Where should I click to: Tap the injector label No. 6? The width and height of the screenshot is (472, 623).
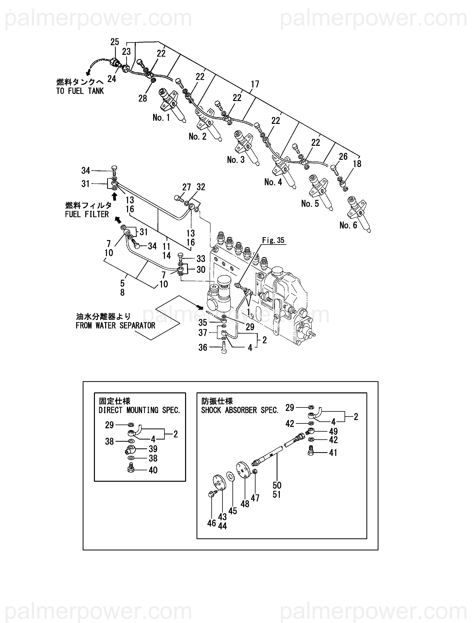[348, 225]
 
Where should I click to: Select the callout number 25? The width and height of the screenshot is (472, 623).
[115, 42]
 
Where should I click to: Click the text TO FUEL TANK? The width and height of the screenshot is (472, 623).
[80, 91]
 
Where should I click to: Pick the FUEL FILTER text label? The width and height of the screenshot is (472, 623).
[87, 214]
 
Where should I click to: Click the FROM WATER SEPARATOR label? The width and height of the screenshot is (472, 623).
[115, 326]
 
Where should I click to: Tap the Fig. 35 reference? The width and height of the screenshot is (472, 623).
[273, 240]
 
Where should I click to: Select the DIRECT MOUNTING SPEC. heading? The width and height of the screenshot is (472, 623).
[139, 410]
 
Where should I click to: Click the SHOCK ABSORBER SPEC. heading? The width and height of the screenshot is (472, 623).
[240, 410]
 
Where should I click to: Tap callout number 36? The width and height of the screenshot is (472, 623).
[203, 348]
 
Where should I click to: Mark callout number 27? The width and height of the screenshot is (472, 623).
[186, 187]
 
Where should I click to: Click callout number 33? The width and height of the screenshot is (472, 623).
[201, 259]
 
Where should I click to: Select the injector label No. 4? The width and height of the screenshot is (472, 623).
[273, 182]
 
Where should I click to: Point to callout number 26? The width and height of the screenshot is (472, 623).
[343, 157]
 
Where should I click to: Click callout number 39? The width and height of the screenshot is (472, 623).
[153, 449]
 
